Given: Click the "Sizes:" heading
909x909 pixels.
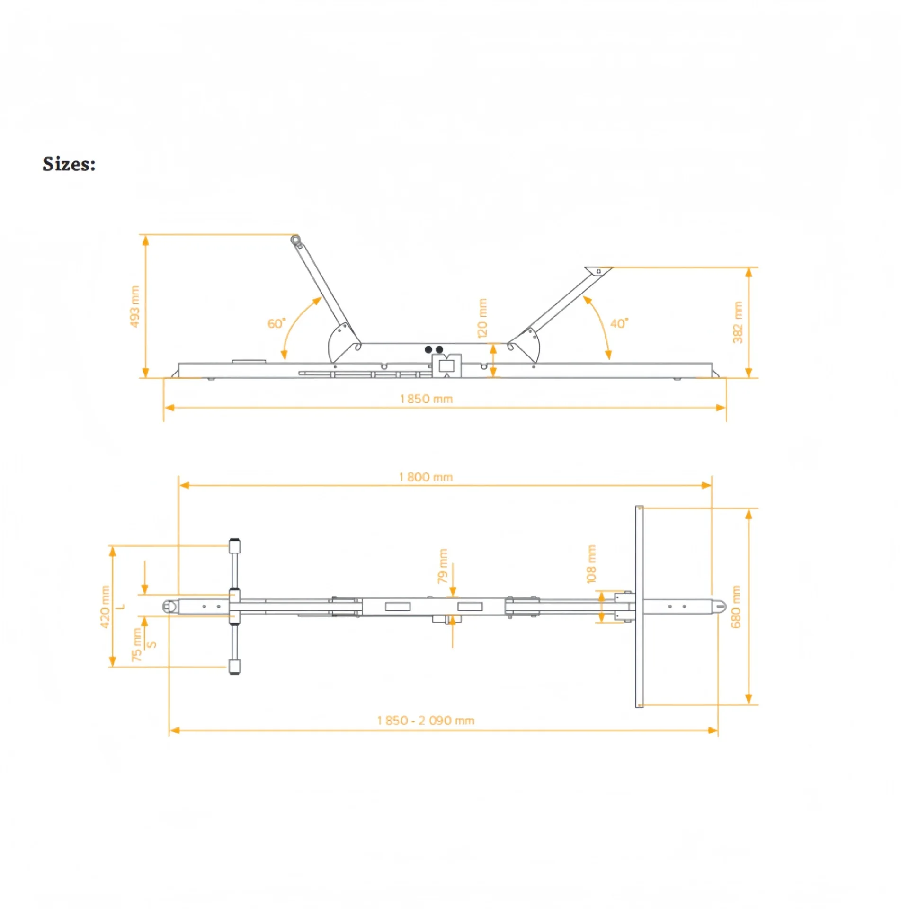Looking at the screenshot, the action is click(69, 164).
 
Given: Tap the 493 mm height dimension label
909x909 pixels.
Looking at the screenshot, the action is click(135, 306).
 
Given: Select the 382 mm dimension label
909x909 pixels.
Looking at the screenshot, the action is click(738, 322).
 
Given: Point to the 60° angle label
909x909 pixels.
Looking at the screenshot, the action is click(276, 323).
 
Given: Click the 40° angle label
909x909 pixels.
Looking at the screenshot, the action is click(619, 323).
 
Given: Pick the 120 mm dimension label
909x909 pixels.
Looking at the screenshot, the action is click(482, 318).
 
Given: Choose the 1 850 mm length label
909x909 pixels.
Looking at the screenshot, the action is click(426, 399).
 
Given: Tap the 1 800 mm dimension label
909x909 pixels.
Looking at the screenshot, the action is click(426, 477).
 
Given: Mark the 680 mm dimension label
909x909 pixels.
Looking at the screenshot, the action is click(736, 607).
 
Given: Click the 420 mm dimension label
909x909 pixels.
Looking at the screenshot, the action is click(105, 607).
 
